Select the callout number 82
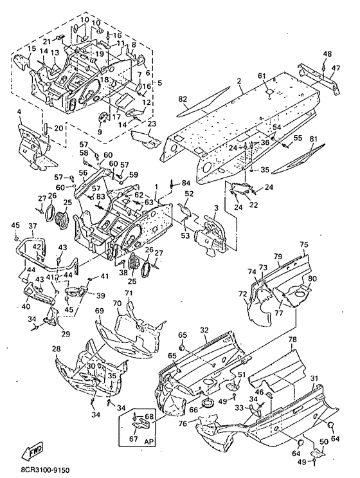click(183, 99)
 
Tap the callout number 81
click(313, 140)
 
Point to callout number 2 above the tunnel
click(239, 81)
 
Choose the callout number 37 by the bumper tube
click(33, 226)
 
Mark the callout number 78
click(292, 339)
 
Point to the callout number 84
click(186, 183)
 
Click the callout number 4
click(19, 112)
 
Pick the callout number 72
click(243, 294)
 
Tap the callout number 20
click(59, 128)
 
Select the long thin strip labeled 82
click(203, 102)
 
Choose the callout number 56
click(83, 173)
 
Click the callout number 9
click(100, 132)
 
